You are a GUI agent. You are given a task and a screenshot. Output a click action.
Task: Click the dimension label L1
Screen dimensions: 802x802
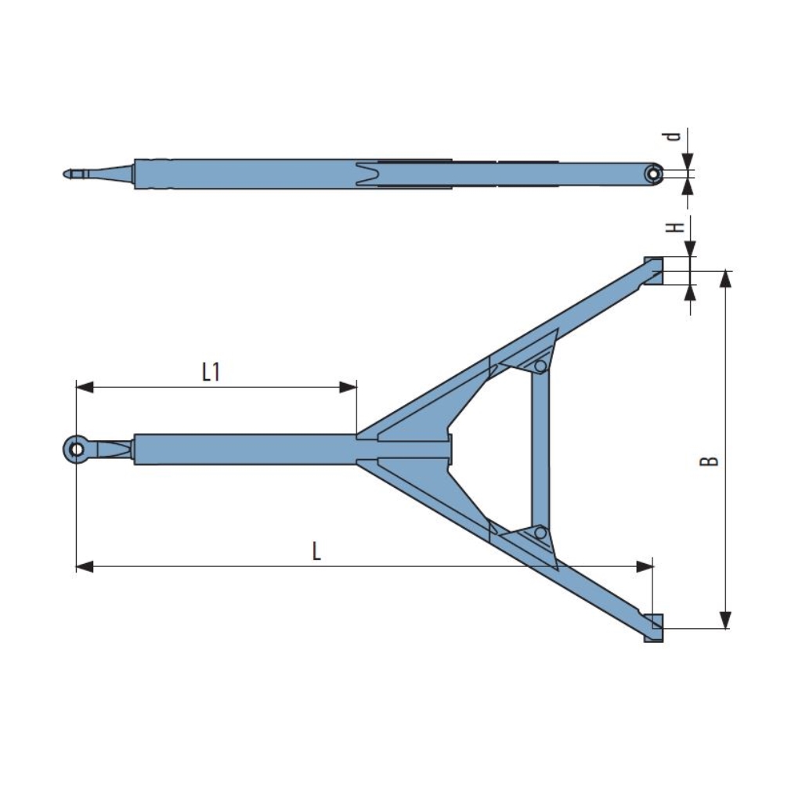coord(211,371)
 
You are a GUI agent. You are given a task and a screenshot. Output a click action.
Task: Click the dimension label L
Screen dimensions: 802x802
coord(316,551)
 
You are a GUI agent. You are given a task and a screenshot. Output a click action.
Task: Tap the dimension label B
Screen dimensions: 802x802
coord(709,461)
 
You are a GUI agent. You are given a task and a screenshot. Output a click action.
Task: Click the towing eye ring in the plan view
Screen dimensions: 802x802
coord(76,450)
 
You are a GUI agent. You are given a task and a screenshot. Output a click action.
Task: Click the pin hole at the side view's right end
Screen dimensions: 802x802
coord(652,174)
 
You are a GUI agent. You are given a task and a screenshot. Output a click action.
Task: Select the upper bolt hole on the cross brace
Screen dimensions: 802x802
coord(540,367)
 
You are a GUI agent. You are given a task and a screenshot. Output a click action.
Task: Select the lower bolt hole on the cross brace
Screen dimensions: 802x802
coord(540,533)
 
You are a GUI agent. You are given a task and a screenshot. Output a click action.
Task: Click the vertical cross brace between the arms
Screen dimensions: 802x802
coord(540,450)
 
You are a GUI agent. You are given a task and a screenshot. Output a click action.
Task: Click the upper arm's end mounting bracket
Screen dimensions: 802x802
coord(653,271)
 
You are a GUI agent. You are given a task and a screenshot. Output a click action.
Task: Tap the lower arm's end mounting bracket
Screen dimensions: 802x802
coord(653,628)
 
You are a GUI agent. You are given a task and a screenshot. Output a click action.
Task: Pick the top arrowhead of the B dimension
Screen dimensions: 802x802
coord(726,279)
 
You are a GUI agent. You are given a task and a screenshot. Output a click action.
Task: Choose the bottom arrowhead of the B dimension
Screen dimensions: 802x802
coord(726,620)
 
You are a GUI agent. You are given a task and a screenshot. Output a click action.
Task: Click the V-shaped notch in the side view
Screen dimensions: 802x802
coord(366,174)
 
